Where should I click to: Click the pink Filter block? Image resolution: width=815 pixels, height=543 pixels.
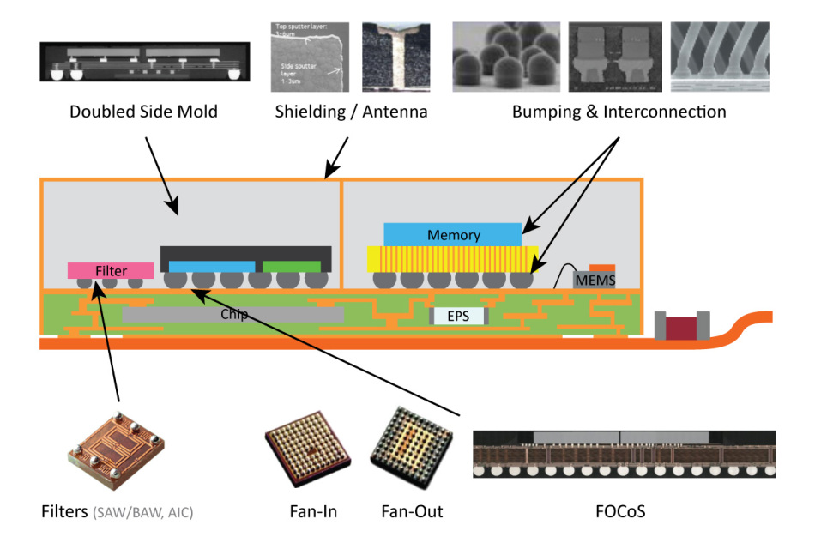(111, 271)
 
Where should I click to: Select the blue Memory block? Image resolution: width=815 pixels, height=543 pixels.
(452, 234)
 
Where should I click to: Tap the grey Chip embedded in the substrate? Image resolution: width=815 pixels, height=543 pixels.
(232, 315)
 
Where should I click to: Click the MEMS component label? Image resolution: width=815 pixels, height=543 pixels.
(595, 280)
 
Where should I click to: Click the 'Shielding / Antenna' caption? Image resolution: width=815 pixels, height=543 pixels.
(351, 112)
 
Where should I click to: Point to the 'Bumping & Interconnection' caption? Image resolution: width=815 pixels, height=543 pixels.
(619, 112)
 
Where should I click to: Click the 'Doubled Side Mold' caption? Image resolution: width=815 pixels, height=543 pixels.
(144, 112)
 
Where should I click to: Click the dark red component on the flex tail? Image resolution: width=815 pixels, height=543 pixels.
(682, 327)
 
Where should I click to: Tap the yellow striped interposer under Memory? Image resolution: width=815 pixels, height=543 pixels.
(452, 258)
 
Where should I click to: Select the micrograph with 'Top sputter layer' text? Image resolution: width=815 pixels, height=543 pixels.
(304, 57)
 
